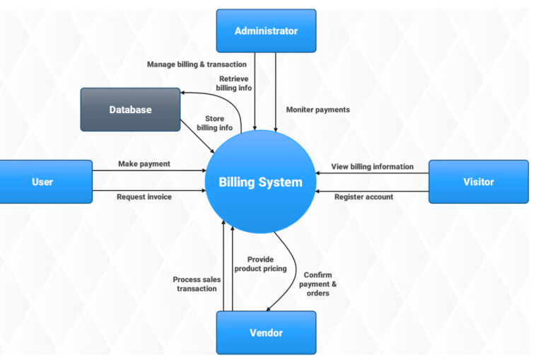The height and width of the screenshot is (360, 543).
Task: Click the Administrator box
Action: tap(266, 30)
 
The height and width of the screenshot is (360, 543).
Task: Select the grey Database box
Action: tap(130, 110)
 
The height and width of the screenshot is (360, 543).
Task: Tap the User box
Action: tap(42, 182)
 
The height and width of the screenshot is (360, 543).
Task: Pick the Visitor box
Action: tap(478, 182)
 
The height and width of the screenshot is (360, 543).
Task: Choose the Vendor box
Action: tap(266, 332)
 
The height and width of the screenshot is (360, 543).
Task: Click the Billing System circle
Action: tap(260, 182)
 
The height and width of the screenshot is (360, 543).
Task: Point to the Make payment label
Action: tap(144, 163)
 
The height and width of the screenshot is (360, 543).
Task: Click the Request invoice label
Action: tap(144, 197)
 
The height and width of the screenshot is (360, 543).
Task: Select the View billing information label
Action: tap(373, 166)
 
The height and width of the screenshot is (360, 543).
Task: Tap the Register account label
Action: tap(363, 197)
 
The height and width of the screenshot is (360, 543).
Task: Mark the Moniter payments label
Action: tap(317, 110)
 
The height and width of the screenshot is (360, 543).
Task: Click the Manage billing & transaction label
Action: tap(197, 64)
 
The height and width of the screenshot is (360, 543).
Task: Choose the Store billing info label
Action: tap(214, 123)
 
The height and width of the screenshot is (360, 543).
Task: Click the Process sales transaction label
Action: tap(197, 284)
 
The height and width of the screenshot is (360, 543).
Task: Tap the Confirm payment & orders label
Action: tap(317, 284)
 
